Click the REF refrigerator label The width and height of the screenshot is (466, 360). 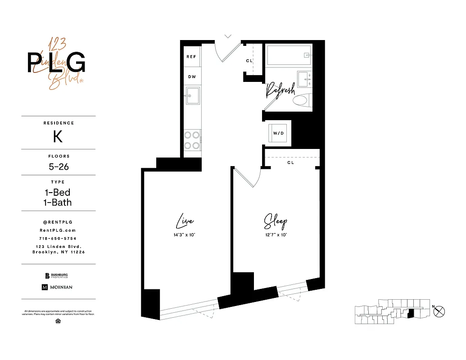(191, 57)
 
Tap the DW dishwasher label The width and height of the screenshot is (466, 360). (192, 77)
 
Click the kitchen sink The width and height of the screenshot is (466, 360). (193, 95)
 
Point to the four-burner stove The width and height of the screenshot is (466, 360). (192, 140)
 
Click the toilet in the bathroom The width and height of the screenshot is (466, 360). (301, 100)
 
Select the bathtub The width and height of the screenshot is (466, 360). (288, 56)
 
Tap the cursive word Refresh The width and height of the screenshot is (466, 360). (280, 90)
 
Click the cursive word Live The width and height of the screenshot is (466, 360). (184, 221)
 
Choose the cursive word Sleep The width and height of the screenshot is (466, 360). (275, 222)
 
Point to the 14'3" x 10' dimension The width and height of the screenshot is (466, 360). (185, 235)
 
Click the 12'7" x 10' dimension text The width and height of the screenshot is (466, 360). (275, 235)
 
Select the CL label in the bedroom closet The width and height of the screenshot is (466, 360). (290, 162)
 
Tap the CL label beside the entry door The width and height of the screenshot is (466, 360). (249, 61)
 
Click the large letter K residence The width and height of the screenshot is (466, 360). (58, 136)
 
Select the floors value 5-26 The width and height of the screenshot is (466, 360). (59, 167)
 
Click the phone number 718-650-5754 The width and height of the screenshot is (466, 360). (59, 238)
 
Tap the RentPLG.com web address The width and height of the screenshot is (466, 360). (59, 230)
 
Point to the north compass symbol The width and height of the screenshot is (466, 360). (440, 310)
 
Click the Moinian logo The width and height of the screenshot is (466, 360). (57, 287)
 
